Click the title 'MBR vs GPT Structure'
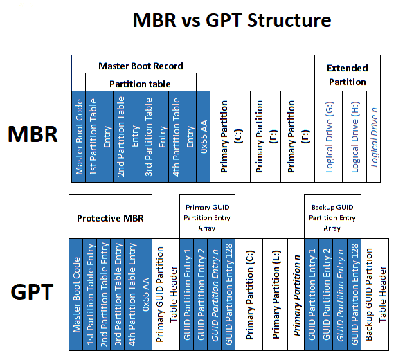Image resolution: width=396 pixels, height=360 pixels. (231, 20)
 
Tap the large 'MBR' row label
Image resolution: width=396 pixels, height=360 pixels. (33, 134)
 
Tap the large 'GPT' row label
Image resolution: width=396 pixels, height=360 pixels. (33, 291)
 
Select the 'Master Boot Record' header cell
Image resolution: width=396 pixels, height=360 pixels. (141, 66)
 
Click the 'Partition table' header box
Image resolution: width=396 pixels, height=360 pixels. (141, 83)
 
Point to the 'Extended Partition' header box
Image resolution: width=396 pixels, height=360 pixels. (347, 75)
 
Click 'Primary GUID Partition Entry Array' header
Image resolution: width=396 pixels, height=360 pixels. (207, 217)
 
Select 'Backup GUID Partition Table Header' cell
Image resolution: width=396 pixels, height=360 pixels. (374, 291)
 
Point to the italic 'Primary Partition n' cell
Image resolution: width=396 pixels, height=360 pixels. (296, 291)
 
